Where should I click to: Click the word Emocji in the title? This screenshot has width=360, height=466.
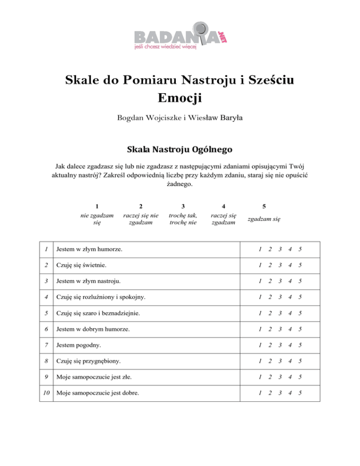click(x=180, y=99)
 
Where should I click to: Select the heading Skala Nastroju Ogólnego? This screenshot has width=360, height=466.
click(x=180, y=150)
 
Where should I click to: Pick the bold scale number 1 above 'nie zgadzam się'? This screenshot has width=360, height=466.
click(x=97, y=206)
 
